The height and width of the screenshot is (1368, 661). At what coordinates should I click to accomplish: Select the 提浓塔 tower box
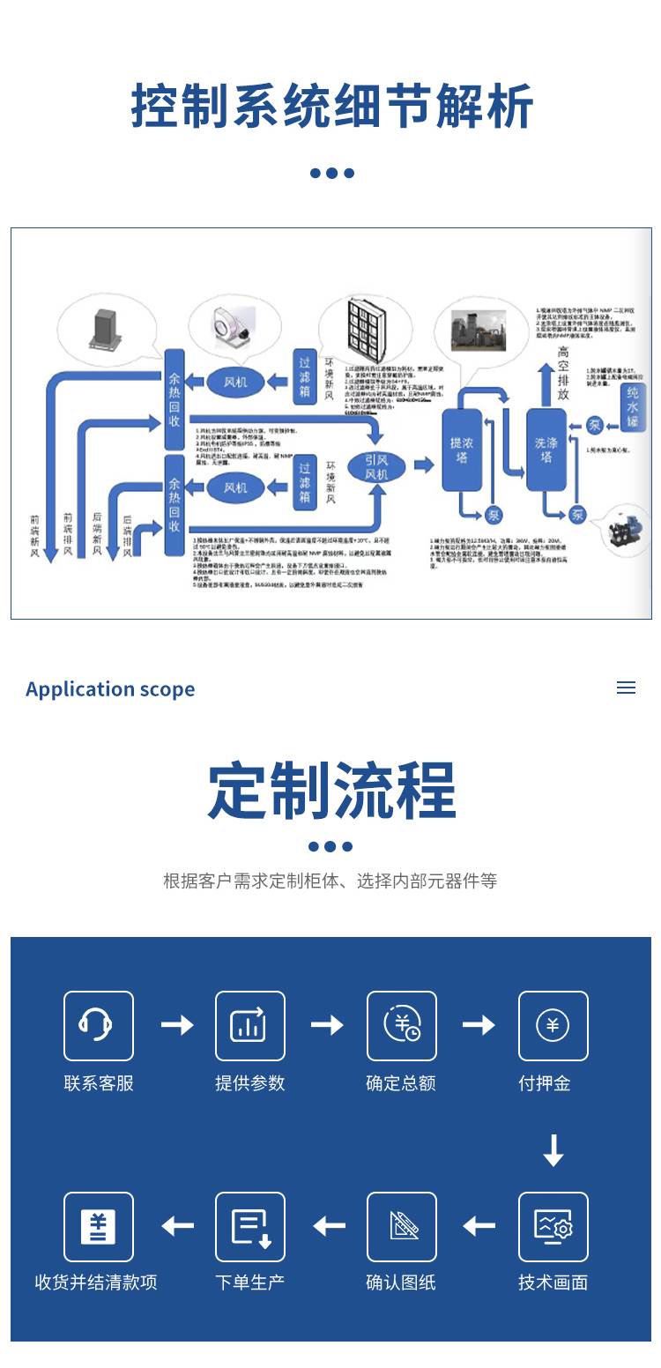click(x=461, y=450)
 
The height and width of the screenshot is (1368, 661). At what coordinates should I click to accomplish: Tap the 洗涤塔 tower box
click(x=546, y=450)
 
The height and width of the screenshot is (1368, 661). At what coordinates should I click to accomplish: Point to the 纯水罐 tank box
click(x=631, y=405)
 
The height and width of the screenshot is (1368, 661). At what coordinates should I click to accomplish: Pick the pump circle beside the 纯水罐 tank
click(x=594, y=426)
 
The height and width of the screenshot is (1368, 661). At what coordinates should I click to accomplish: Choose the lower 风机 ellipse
click(x=235, y=487)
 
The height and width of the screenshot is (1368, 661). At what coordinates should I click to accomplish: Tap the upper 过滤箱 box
click(x=305, y=377)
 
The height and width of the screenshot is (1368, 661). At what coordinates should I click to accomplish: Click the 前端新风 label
click(x=35, y=535)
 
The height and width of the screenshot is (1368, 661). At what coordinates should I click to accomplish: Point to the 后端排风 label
click(x=128, y=535)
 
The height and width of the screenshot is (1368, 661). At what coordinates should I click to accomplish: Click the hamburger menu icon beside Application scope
click(x=626, y=688)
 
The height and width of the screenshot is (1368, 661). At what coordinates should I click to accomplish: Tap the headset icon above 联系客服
click(x=98, y=1025)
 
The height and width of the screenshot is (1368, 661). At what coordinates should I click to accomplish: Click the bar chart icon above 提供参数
click(x=249, y=1025)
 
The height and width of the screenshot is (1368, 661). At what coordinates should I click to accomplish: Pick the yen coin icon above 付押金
click(x=553, y=1025)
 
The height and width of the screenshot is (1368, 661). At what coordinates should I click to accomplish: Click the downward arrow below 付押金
click(x=553, y=1150)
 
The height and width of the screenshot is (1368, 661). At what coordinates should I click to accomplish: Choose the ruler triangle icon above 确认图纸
click(x=401, y=1226)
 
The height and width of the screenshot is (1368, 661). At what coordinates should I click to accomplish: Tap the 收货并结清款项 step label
click(x=96, y=1282)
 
